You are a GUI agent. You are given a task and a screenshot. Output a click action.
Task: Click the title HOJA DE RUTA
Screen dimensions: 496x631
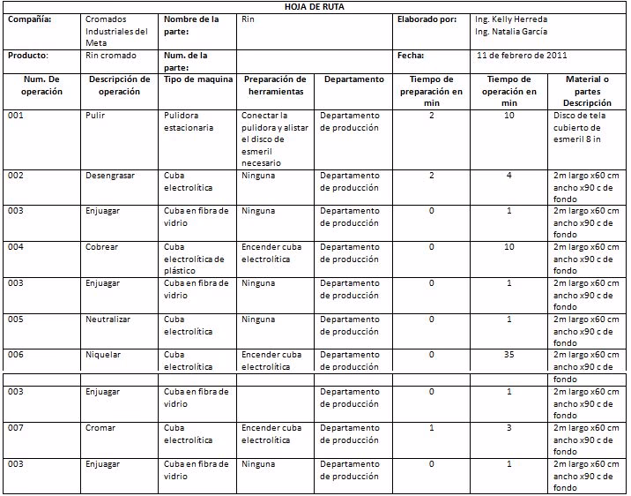pos(315,7)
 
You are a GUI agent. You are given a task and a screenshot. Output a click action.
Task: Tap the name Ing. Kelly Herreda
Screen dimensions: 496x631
pos(510,19)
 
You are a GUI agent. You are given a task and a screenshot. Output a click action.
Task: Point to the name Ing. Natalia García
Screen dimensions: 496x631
pos(510,32)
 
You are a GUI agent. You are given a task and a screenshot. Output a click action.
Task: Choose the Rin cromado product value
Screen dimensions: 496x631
pos(111,55)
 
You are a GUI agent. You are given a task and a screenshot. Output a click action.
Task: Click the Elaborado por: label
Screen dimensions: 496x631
pos(427,19)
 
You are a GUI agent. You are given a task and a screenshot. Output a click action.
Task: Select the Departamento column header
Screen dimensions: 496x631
pos(353,79)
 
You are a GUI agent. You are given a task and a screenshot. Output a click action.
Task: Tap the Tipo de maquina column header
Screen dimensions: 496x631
pos(198,79)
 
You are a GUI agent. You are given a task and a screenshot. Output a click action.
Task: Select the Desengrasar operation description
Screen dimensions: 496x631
pos(110,176)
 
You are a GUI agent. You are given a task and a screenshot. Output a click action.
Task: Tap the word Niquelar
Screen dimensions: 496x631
pos(103,355)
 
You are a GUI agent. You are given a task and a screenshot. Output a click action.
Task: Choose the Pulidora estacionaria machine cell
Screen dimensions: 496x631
pos(189,121)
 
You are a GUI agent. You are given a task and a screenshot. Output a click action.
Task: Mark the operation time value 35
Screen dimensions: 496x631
pos(509,355)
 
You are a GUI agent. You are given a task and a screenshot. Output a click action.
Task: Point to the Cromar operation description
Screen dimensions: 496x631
pos(100,428)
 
